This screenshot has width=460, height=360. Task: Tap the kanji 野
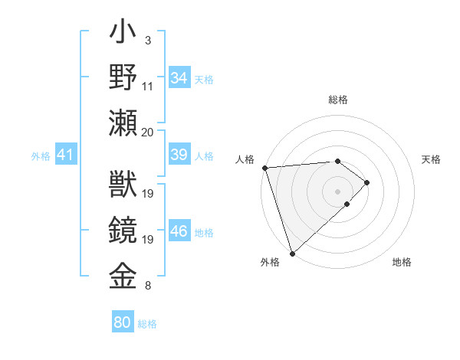tap(123, 79)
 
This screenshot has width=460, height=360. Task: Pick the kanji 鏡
tap(123, 231)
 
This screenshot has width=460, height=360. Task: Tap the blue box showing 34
tap(179, 78)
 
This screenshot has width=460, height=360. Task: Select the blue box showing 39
tap(179, 155)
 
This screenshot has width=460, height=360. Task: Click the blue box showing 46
tap(179, 232)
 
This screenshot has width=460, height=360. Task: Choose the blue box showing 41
tap(66, 155)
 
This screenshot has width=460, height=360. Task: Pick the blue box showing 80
tap(123, 322)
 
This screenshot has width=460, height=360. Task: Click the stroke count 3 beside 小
tap(147, 39)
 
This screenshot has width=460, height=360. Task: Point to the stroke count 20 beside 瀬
tap(147, 132)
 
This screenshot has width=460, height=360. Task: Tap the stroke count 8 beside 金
tap(147, 286)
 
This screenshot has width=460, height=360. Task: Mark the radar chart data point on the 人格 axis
tap(264, 168)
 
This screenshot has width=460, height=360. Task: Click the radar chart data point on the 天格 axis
tap(368, 182)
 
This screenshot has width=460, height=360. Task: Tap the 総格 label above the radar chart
tap(337, 100)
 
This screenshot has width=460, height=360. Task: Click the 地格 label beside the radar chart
tap(402, 262)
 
